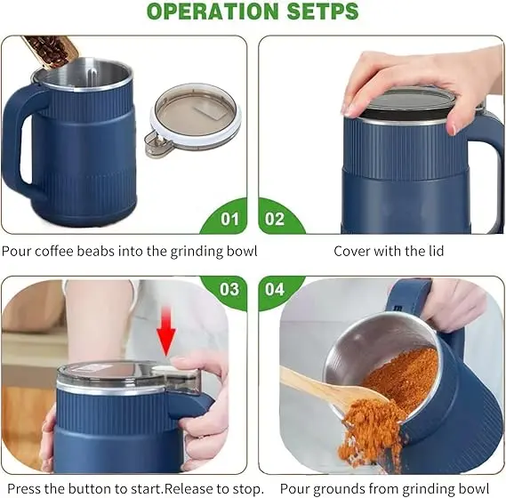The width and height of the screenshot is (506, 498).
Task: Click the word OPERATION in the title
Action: [x=210, y=12]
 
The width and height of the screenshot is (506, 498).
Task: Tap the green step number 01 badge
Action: [x=229, y=219]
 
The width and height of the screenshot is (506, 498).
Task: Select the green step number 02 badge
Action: [x=276, y=219]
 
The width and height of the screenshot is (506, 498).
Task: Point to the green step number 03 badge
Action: [x=229, y=289]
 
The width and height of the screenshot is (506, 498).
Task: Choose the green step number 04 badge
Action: [x=276, y=289]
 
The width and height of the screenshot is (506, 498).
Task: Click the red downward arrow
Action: [x=166, y=336]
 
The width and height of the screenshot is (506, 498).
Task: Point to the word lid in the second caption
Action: [x=434, y=252]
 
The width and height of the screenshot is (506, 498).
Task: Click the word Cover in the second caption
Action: [x=352, y=252]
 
